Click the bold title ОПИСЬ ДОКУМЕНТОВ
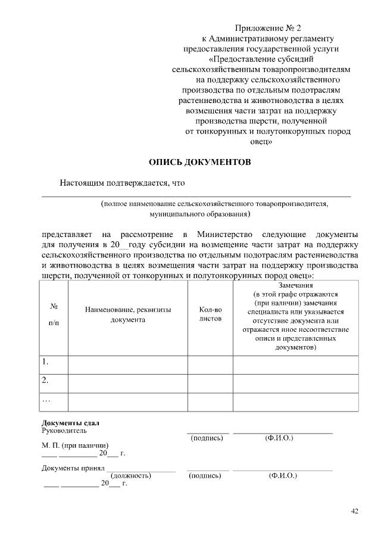[196, 162]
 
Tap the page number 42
[355, 511]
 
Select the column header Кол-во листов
[210, 314]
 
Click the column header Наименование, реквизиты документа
[128, 314]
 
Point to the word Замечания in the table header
[295, 285]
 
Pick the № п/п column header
[54, 314]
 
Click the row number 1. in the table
[45, 362]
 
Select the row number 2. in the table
[45, 380]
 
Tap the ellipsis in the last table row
[45, 399]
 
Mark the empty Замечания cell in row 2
[295, 384]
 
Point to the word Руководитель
[64, 430]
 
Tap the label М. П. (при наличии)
[75, 445]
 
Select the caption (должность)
[130, 476]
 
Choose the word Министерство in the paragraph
[227, 232]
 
